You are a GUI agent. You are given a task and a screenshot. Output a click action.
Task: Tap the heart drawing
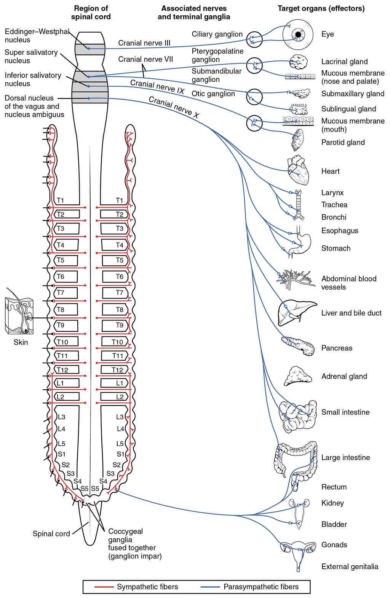pyautogui.click(x=297, y=170)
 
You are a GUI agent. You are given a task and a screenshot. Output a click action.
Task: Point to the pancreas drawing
pyautogui.click(x=299, y=345)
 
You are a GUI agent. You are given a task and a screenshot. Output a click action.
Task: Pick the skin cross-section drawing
pyautogui.click(x=19, y=316)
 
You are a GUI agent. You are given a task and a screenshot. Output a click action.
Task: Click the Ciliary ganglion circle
pyautogui.click(x=254, y=39)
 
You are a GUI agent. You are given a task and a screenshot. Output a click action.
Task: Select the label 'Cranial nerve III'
pyautogui.click(x=144, y=43)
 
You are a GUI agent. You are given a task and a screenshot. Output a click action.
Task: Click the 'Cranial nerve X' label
pyautogui.click(x=174, y=107)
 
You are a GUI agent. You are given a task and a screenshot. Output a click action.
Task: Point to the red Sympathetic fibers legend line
pyautogui.click(x=104, y=587)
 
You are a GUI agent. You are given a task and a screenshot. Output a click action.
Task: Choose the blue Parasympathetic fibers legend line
pyautogui.click(x=210, y=587)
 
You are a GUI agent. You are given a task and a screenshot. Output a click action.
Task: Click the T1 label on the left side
pyautogui.click(x=60, y=200)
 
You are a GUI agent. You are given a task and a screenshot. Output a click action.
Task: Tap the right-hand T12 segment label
pyautogui.click(x=117, y=370)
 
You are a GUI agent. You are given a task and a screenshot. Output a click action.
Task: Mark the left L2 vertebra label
pyautogui.click(x=60, y=397)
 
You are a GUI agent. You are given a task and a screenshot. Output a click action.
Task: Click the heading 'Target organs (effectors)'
pyautogui.click(x=321, y=8)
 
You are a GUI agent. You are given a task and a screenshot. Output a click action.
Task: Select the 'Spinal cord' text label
pyautogui.click(x=51, y=533)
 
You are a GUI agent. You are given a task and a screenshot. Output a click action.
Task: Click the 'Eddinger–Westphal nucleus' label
pyautogui.click(x=37, y=36)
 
